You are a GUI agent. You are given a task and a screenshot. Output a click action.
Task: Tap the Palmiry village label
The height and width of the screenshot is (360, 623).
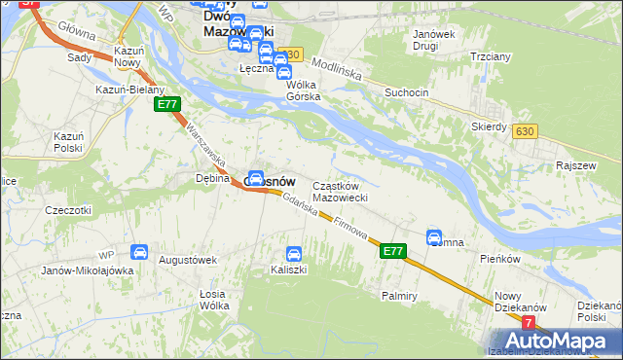[x=400, y=295]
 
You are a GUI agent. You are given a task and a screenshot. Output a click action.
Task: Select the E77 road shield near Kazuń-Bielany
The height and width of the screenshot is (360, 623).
[x=166, y=104]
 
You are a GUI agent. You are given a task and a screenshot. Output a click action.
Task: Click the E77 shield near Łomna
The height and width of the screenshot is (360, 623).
[x=391, y=251]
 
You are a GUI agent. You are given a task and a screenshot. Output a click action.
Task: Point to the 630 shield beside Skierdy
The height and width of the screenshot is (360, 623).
[x=526, y=131]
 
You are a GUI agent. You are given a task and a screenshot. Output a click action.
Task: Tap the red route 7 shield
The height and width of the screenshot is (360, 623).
[x=529, y=322]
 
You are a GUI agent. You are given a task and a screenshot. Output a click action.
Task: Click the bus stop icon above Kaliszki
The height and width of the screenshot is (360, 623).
[x=292, y=254]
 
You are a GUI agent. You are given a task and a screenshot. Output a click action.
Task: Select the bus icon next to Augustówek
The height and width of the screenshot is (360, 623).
[x=139, y=253]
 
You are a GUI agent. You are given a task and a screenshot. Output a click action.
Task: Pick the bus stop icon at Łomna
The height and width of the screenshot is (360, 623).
[x=434, y=236]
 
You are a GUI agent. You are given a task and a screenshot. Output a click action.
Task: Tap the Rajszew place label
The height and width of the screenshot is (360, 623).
[x=574, y=166]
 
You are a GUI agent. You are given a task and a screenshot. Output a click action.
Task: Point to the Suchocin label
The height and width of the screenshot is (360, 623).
[x=407, y=93]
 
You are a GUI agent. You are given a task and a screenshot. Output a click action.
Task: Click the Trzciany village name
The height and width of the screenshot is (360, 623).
[x=491, y=56]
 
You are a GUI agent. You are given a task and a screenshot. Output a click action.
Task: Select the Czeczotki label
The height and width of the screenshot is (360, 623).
[x=68, y=209]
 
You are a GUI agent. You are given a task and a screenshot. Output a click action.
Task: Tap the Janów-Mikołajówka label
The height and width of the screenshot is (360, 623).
[x=87, y=270]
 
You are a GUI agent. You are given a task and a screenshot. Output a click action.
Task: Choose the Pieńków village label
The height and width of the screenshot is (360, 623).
[x=501, y=260]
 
